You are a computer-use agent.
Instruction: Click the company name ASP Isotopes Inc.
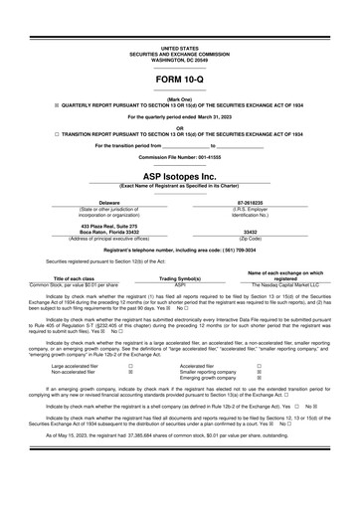click(179, 175)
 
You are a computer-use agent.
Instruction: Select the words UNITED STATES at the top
click(179, 47)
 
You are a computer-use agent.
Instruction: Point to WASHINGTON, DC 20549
click(179, 58)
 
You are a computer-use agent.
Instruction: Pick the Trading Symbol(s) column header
click(180, 278)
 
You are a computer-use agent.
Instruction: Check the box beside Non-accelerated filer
click(130, 373)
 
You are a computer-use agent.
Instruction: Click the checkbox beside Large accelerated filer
click(130, 366)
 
